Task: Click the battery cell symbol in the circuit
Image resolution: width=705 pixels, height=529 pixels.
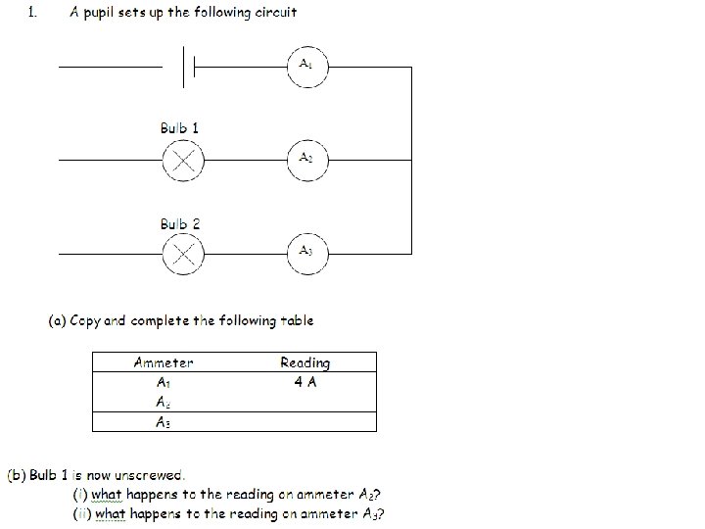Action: click(189, 68)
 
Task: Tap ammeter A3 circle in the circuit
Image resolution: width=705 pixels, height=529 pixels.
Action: click(306, 253)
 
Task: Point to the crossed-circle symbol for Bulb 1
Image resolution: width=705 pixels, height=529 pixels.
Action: click(182, 161)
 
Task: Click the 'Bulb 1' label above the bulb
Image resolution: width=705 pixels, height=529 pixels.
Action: click(180, 128)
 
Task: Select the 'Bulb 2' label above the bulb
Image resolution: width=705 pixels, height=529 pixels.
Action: click(180, 224)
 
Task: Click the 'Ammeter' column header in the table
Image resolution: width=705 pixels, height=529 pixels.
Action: click(164, 362)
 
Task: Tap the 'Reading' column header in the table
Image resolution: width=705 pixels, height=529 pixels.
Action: click(305, 362)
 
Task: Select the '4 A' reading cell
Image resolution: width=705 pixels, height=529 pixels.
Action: click(305, 382)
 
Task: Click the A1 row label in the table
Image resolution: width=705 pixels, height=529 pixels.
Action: click(164, 383)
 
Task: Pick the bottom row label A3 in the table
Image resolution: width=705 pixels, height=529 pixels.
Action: click(164, 422)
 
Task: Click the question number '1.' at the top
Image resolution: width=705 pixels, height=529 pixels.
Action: click(33, 13)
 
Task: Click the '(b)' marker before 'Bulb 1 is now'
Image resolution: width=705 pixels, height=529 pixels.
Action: click(17, 475)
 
